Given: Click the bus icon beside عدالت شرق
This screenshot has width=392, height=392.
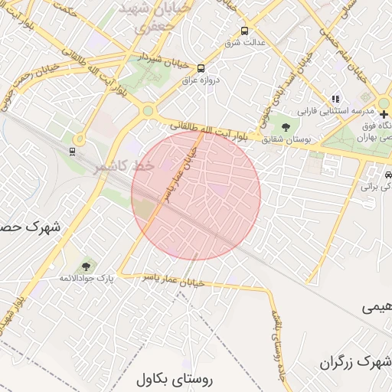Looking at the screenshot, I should point(244,31).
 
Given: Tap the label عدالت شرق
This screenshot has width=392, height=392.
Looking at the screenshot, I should point(243,42).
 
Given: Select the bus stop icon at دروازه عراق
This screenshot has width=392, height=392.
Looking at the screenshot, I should point(201,67).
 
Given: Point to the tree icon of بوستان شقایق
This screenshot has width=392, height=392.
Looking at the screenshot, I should point(286,126).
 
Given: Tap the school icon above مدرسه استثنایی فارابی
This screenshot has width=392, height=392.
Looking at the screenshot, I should point(335,98).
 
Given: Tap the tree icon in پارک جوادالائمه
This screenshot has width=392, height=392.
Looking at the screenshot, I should point(86,267).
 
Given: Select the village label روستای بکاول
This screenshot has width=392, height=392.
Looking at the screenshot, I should point(175,379).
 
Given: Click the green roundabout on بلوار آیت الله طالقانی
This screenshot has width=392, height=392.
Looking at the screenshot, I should point(146,111).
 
